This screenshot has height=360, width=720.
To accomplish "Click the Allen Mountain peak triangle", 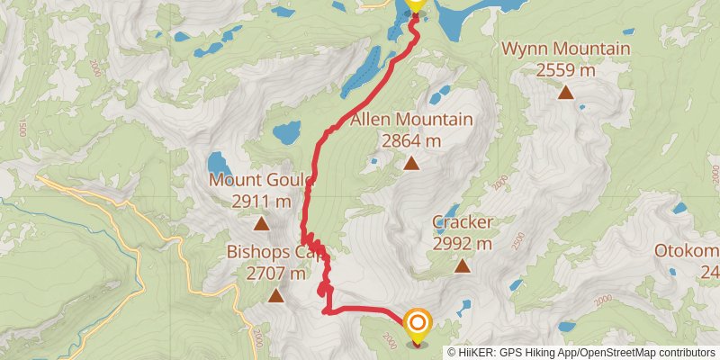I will pos(411,163).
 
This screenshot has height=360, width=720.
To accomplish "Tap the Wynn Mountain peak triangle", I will pos(566,91).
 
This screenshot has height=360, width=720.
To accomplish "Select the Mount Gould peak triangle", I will pos(261,224).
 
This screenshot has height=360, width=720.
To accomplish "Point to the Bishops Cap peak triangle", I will pos(275,295).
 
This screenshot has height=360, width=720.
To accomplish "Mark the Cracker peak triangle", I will pos(462,265).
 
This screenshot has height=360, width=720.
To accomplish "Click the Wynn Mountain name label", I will pos(566,49).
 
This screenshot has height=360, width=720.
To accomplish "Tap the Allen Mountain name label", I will pos(411,120).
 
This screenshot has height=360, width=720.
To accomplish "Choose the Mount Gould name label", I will pos(261,180).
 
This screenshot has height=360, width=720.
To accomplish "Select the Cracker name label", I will pos(462,222).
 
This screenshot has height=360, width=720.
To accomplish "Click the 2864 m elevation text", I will pos(411,140).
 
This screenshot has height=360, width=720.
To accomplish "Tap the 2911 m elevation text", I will pos(261,201).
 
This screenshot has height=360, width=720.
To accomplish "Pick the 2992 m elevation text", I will pos(462,243).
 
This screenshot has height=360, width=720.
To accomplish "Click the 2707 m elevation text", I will pos(275,273).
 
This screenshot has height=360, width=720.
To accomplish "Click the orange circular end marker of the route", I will pos(418,323).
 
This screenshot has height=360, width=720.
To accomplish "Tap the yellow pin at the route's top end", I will pos(415,4).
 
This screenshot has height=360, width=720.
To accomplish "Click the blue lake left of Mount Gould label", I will pos(218,163).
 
